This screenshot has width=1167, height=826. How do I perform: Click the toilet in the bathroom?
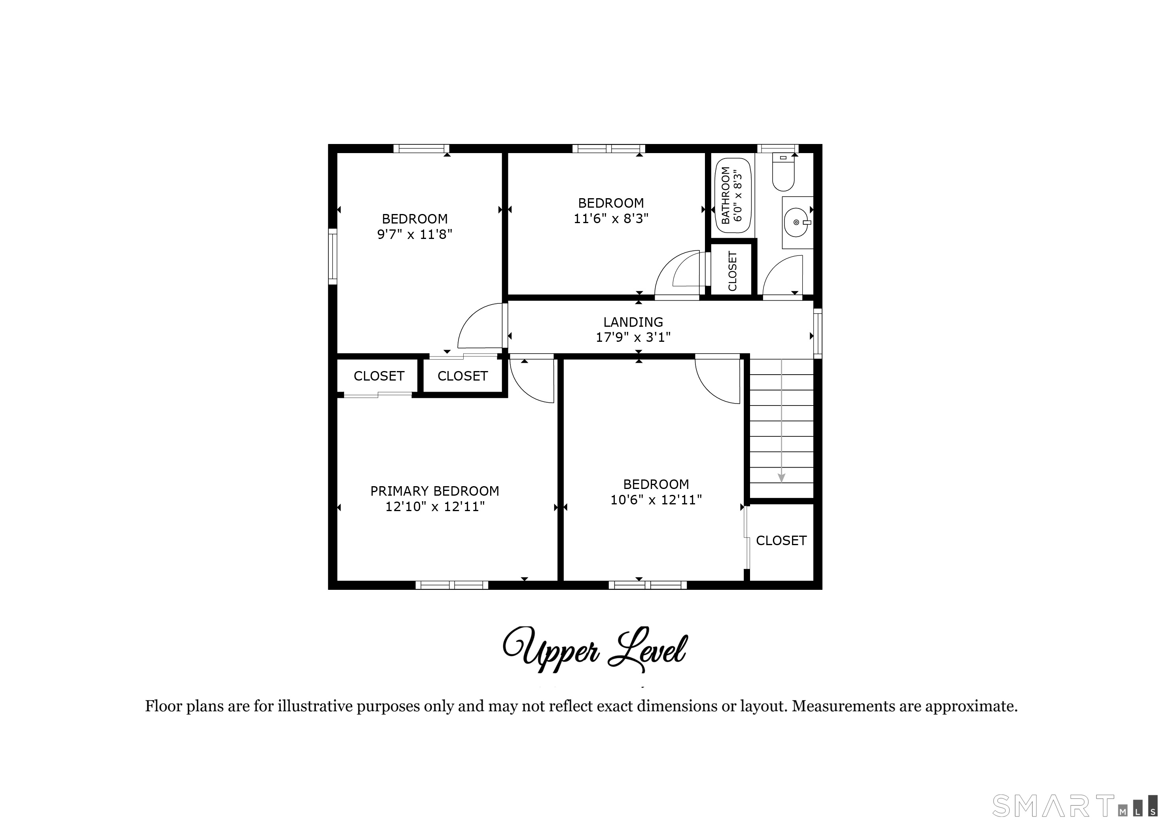[x=783, y=171]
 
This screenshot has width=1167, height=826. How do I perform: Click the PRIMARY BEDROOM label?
[x=434, y=491]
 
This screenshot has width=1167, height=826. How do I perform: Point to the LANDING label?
[x=633, y=322]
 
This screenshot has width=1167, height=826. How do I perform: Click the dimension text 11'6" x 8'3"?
[x=611, y=219]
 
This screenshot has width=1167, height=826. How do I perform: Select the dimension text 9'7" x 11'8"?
[x=415, y=235]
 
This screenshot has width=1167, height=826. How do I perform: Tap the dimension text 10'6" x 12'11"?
[x=656, y=500]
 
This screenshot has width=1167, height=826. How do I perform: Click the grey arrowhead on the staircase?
[x=782, y=478]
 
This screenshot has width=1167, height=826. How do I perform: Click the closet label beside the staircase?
[x=781, y=541]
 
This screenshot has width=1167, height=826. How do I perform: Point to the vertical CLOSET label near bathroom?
[x=732, y=271]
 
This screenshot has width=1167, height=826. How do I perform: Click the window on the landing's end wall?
[x=818, y=333]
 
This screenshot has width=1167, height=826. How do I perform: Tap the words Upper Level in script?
[x=595, y=650]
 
